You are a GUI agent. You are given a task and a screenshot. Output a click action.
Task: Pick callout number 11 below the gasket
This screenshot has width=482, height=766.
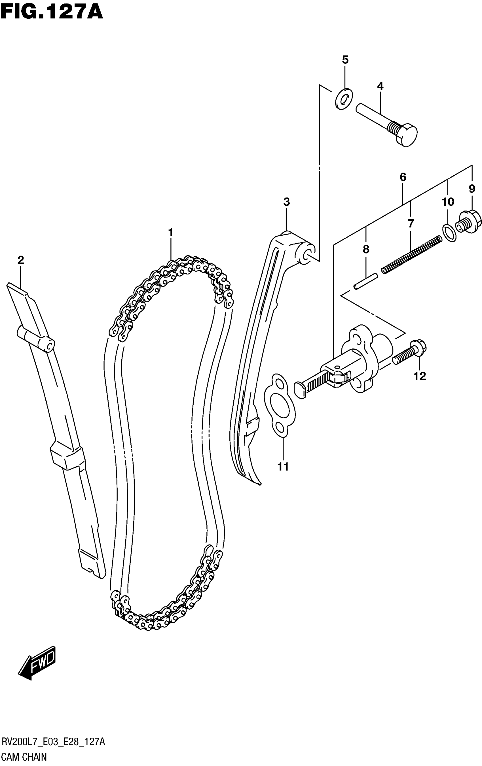pos(283,467)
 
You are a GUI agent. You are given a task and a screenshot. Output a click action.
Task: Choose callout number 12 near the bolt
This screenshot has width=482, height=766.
pos(419,376)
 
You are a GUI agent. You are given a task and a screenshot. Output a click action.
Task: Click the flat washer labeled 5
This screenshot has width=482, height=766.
pos(344,99)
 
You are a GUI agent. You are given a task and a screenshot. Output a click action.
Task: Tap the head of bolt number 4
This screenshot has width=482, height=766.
pos(407,136)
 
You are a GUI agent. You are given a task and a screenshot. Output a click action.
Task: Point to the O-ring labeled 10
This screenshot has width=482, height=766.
pos(449,233)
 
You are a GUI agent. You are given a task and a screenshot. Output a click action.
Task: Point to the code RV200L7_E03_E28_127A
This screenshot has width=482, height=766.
pos(53,743)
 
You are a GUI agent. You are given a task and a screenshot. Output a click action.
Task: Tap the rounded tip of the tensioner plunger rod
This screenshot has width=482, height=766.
pos(300,390)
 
